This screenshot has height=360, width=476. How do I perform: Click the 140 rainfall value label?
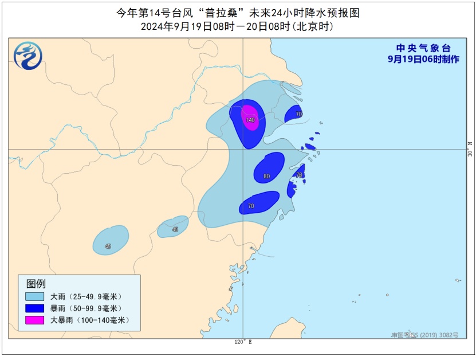pyautogui.click(x=250, y=120)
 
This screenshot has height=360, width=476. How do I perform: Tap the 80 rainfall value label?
pyautogui.click(x=266, y=177)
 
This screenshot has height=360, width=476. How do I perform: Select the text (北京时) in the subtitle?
pyautogui.click(x=313, y=26)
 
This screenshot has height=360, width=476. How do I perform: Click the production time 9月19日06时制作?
pyautogui.click(x=423, y=59)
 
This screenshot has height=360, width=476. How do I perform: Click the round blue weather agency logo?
pyautogui.click(x=28, y=56)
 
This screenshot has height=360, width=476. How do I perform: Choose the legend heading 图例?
pyautogui.click(x=36, y=283)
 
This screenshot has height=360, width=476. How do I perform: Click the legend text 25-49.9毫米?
pyautogui.click(x=95, y=296)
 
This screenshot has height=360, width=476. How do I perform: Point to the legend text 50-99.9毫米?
pyautogui.click(x=95, y=308)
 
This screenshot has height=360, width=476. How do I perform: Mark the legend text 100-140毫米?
pyautogui.click(x=98, y=319)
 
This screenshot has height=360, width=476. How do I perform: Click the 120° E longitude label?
pyautogui.click(x=243, y=342)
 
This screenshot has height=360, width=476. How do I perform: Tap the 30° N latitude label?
pyautogui.click(x=470, y=150)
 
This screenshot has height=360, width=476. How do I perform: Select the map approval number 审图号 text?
pyautogui.click(x=424, y=335)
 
